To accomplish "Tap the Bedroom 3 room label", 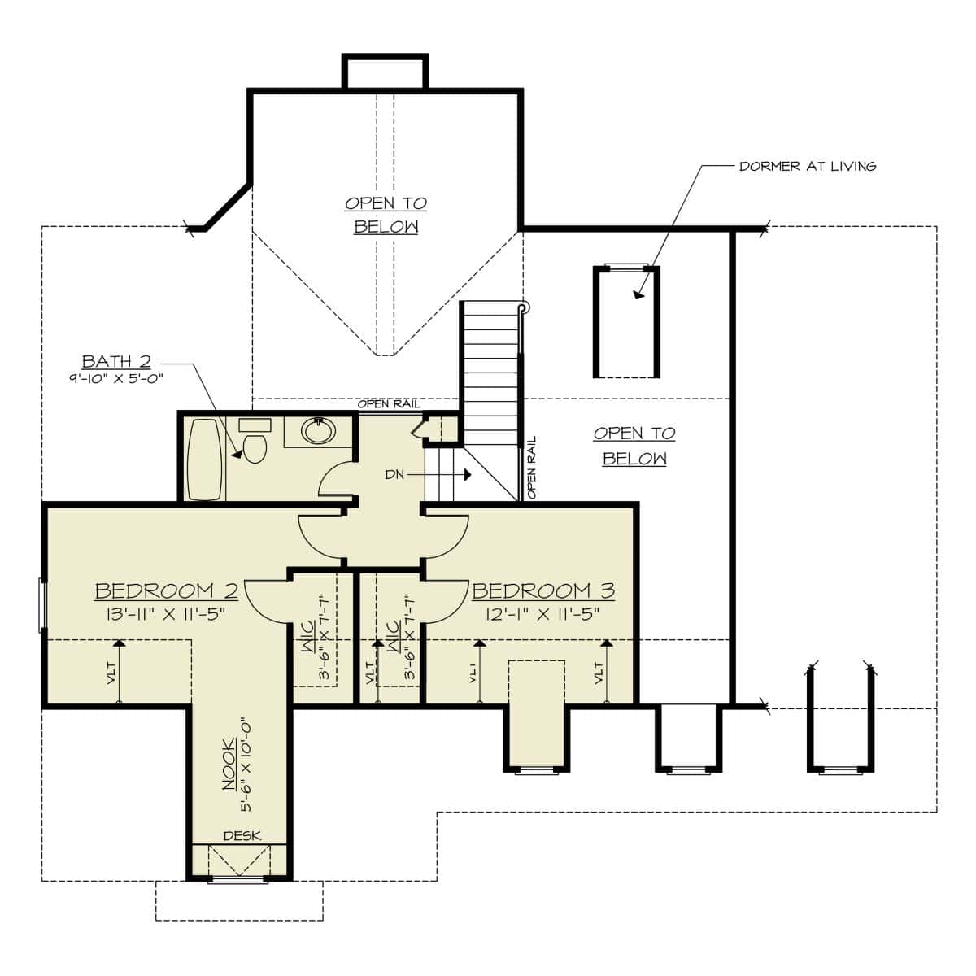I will pos(543,590).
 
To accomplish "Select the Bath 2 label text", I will pos(116,362).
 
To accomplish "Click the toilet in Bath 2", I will pos(255,447).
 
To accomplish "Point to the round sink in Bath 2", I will pos(318,431).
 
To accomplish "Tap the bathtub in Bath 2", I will pos(203,460).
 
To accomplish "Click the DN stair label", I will pos(394,475).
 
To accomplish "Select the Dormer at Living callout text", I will pos(807,166).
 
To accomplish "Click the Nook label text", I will pos(229,764).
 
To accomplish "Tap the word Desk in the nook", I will pos(242,836).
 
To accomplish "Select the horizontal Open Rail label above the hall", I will pos(388,404).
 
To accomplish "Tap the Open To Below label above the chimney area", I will pos(386,215).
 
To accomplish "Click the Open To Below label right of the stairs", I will pos(634,446).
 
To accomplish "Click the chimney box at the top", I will pos(385,72).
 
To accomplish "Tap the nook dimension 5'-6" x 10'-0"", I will pos(245,765).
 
